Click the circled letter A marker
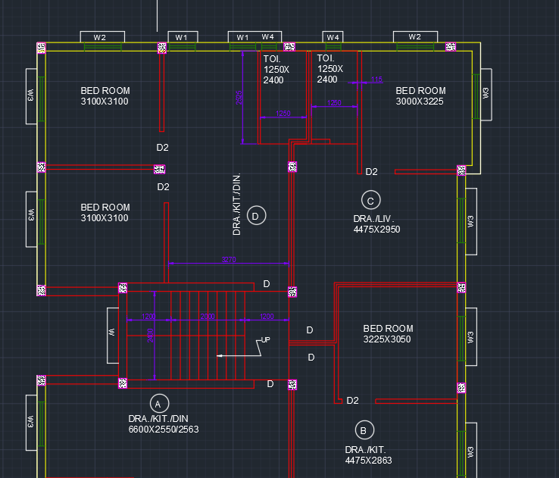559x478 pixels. pyautogui.click(x=159, y=402)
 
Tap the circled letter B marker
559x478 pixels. pyautogui.click(x=364, y=430)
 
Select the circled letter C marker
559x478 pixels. pyautogui.click(x=370, y=201)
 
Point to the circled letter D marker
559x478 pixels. pyautogui.click(x=255, y=216)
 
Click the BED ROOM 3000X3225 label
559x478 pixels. pyautogui.click(x=420, y=95)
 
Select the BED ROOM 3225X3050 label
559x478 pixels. pyautogui.click(x=388, y=334)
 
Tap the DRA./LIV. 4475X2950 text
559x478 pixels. pyautogui.click(x=376, y=223)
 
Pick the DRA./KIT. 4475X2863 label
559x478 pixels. pyautogui.click(x=369, y=455)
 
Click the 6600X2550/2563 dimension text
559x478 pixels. pyautogui.click(x=164, y=430)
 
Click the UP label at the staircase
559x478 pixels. pyautogui.click(x=265, y=339)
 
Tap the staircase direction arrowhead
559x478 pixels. pyautogui.click(x=220, y=355)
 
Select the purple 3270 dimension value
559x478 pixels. pyautogui.click(x=229, y=260)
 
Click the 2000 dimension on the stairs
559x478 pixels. pyautogui.click(x=207, y=316)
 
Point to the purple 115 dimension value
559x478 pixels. pyautogui.click(x=376, y=80)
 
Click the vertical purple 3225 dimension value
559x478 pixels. pyautogui.click(x=239, y=97)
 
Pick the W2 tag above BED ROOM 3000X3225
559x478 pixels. pyautogui.click(x=414, y=37)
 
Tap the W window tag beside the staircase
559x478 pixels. pyautogui.click(x=111, y=333)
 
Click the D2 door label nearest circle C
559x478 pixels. pyautogui.click(x=371, y=172)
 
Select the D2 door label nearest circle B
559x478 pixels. pyautogui.click(x=352, y=400)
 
